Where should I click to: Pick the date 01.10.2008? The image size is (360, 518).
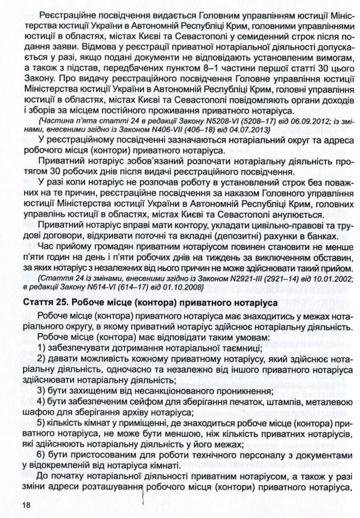165,287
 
